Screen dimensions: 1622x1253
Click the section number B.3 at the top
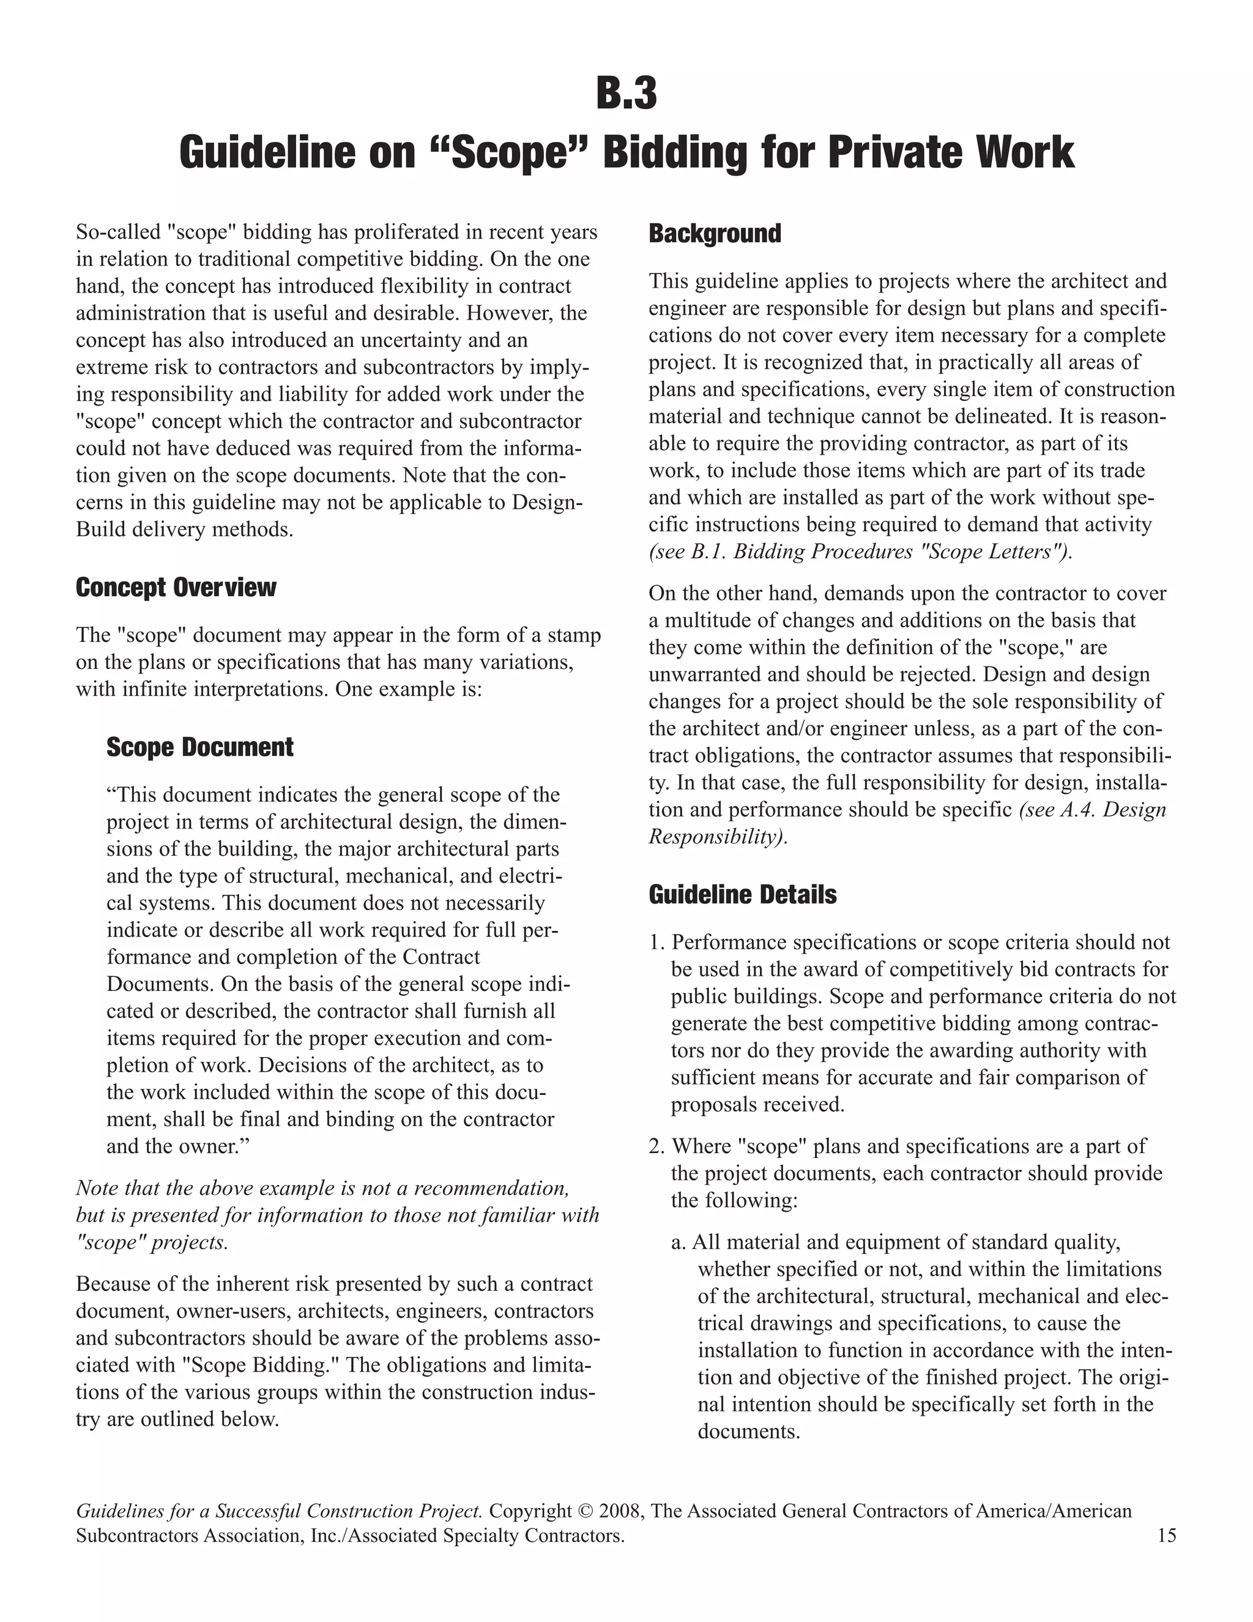pyautogui.click(x=626, y=94)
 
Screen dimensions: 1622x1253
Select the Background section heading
pyautogui.click(x=714, y=233)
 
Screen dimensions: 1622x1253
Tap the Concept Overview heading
pyautogui.click(x=176, y=588)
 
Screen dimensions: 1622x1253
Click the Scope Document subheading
pyautogui.click(x=199, y=747)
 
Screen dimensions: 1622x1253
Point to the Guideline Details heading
pyautogui.click(x=742, y=894)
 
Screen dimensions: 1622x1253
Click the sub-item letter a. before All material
pyautogui.click(x=680, y=1243)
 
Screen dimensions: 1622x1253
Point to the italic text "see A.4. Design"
pyautogui.click(x=1093, y=810)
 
